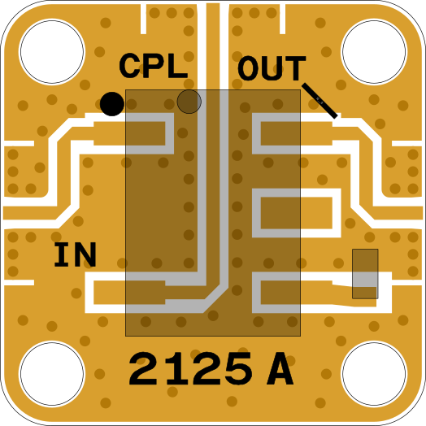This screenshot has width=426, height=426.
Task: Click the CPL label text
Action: (154, 66)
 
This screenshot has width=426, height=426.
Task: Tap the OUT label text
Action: (272, 68)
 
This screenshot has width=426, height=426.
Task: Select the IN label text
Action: (76, 254)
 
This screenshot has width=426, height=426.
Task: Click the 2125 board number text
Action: (191, 368)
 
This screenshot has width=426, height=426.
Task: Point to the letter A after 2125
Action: (280, 368)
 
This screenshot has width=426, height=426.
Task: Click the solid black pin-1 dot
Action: (112, 104)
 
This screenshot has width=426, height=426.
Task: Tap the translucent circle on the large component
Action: (189, 102)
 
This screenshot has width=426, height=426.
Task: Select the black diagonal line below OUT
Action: (319, 101)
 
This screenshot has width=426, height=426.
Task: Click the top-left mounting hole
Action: (52, 51)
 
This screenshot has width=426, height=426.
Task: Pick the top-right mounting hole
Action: (374, 51)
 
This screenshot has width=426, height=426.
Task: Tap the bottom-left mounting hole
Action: (52, 374)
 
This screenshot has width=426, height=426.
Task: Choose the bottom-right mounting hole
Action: (374, 374)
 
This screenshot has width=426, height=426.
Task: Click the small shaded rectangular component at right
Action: (365, 274)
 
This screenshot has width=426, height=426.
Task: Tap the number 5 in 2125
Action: (238, 369)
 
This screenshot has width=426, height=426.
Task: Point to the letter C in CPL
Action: (130, 66)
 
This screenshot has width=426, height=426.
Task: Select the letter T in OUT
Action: (296, 68)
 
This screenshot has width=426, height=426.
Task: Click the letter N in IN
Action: (85, 254)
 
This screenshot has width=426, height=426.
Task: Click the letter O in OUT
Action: (248, 68)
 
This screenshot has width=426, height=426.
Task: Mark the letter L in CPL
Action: (178, 66)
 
